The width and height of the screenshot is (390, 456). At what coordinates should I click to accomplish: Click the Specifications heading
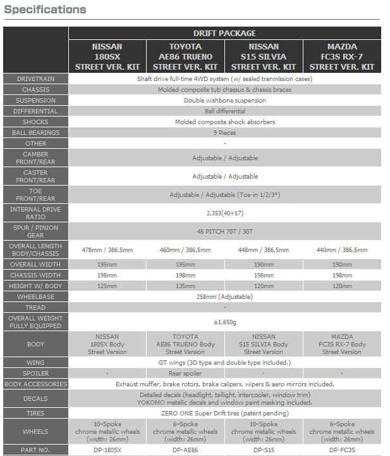(45, 9)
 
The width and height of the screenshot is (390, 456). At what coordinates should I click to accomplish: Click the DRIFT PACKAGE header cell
(224, 33)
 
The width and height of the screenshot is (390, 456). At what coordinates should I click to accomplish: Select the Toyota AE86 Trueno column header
(185, 56)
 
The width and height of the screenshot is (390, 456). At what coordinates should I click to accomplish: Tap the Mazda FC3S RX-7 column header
(342, 56)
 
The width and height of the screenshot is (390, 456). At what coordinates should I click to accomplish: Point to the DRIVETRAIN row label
(35, 79)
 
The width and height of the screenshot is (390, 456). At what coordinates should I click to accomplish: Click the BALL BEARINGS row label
(35, 133)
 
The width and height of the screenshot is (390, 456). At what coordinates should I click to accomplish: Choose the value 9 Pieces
(224, 133)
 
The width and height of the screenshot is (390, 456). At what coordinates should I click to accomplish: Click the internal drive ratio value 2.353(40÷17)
(224, 213)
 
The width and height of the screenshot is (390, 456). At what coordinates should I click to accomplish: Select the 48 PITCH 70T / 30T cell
(224, 231)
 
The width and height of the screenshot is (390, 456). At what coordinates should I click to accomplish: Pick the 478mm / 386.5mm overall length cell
(107, 250)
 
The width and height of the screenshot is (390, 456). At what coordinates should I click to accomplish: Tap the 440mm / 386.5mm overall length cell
(342, 250)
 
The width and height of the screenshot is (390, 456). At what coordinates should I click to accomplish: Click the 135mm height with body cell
(185, 286)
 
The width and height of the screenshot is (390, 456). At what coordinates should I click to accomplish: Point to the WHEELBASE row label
(35, 296)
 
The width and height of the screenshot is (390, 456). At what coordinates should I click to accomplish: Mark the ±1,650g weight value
(224, 322)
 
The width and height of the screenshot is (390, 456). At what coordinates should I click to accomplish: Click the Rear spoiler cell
(185, 374)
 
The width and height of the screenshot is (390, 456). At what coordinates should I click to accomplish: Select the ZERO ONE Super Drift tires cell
(224, 413)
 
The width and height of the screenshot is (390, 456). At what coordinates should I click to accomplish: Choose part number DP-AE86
(185, 450)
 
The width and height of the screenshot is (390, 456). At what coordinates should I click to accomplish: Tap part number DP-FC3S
(342, 450)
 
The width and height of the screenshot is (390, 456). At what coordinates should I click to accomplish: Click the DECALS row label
(35, 399)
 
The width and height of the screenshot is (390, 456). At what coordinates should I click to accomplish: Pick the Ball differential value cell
(224, 111)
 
